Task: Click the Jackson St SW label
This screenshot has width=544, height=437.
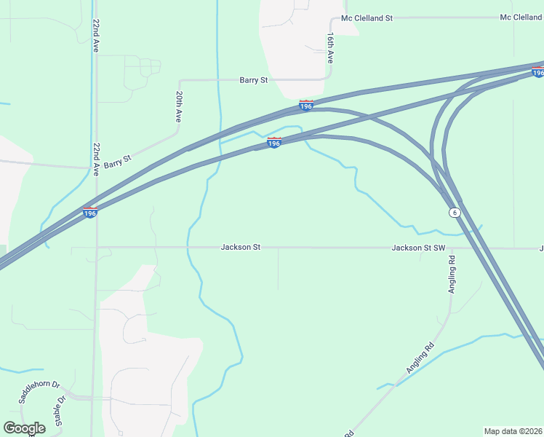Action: [418, 248]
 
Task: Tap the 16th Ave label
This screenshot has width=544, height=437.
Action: [330, 47]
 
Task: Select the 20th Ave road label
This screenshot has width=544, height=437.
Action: [179, 106]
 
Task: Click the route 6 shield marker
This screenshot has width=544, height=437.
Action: [455, 212]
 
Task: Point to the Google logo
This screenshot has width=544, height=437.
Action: [24, 428]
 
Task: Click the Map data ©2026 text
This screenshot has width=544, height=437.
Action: [513, 430]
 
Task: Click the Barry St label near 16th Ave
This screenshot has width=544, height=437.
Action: [254, 80]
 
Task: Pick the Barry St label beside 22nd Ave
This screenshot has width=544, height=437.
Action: [117, 162]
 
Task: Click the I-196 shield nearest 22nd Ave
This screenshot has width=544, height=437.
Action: [90, 213]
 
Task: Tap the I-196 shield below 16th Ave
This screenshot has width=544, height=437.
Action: [306, 106]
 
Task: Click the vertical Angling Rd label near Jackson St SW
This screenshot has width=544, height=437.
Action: [452, 273]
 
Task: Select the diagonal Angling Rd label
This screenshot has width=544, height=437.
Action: [420, 358]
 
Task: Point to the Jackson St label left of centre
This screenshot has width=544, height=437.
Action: [241, 248]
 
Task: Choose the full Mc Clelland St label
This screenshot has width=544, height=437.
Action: [367, 17]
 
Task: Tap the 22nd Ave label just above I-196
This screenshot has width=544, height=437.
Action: [95, 160]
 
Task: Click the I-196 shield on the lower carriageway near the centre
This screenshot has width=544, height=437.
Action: [274, 143]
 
